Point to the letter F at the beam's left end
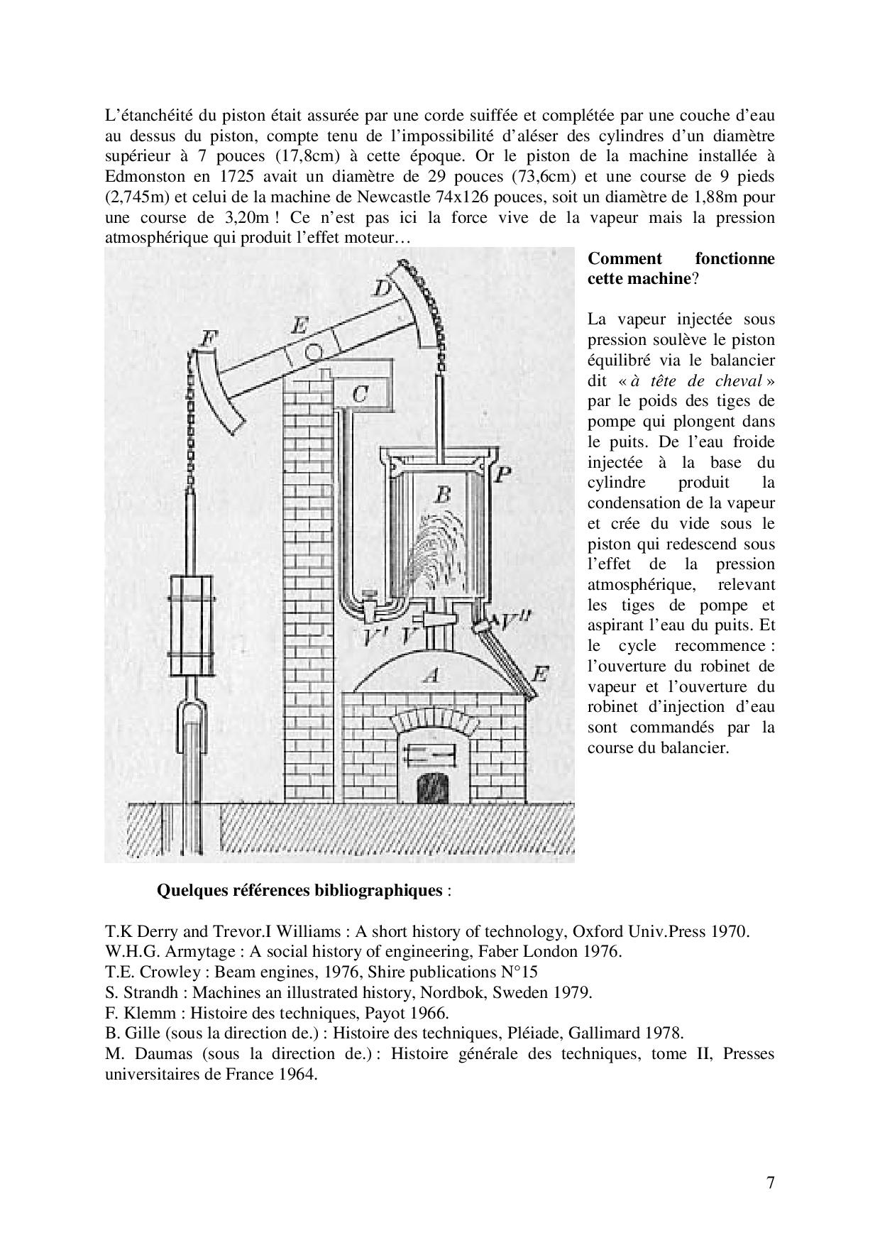(207, 339)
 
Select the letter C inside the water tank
(360, 394)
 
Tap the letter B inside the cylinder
(442, 494)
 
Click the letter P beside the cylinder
(502, 474)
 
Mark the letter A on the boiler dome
(429, 675)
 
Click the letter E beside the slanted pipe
(539, 674)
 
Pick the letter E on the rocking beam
(299, 326)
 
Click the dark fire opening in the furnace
(433, 786)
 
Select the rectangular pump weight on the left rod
(190, 625)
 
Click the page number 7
(770, 1183)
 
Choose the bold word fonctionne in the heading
(735, 258)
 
